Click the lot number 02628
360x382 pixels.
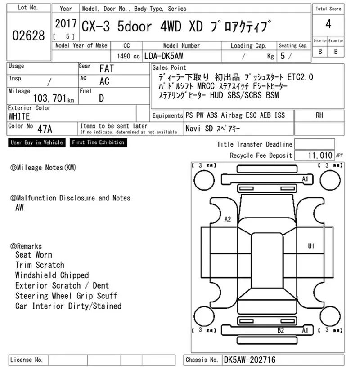pos(28,36)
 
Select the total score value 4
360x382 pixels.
pos(328,24)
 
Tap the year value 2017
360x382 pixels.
pos(66,24)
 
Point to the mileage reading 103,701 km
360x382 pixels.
pos(54,98)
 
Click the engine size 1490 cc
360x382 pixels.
pos(128,56)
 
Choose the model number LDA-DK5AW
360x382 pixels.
pos(164,56)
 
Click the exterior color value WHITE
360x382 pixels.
pos(19,116)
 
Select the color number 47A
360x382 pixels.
pos(45,129)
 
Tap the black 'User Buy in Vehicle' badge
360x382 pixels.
pos(37,142)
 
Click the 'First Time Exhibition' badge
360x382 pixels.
pos(98,142)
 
